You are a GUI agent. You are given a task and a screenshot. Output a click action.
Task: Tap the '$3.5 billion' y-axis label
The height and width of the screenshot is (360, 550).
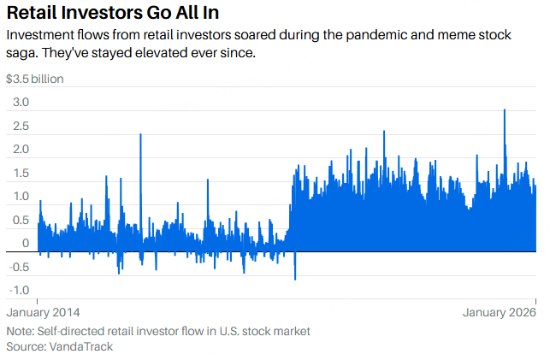[35, 80]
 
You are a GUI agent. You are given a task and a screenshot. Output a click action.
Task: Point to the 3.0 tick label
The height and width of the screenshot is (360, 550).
[19, 103]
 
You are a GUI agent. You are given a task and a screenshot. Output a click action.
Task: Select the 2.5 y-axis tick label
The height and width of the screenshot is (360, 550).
[19, 127]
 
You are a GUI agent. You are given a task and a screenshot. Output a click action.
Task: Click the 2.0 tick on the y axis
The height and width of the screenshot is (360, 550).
[19, 150]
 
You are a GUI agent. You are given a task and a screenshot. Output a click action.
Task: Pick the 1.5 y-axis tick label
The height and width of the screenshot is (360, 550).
[19, 174]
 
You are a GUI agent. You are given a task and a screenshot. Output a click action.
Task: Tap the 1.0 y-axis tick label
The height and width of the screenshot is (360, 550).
[19, 197]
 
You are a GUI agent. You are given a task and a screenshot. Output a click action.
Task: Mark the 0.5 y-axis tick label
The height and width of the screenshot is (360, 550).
[19, 220]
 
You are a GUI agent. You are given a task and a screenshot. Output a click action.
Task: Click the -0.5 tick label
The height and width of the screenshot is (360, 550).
[17, 267]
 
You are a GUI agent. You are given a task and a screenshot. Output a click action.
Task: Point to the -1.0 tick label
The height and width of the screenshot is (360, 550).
[17, 290]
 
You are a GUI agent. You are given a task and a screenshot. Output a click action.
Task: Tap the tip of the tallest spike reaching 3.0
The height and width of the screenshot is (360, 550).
[505, 110]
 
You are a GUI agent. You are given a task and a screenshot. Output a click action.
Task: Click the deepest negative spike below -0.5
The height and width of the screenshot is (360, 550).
[295, 279]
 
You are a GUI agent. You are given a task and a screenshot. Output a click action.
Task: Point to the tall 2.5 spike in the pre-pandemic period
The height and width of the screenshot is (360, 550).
[140, 135]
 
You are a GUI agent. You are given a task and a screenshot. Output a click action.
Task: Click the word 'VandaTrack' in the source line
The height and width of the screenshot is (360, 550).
[82, 346]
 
